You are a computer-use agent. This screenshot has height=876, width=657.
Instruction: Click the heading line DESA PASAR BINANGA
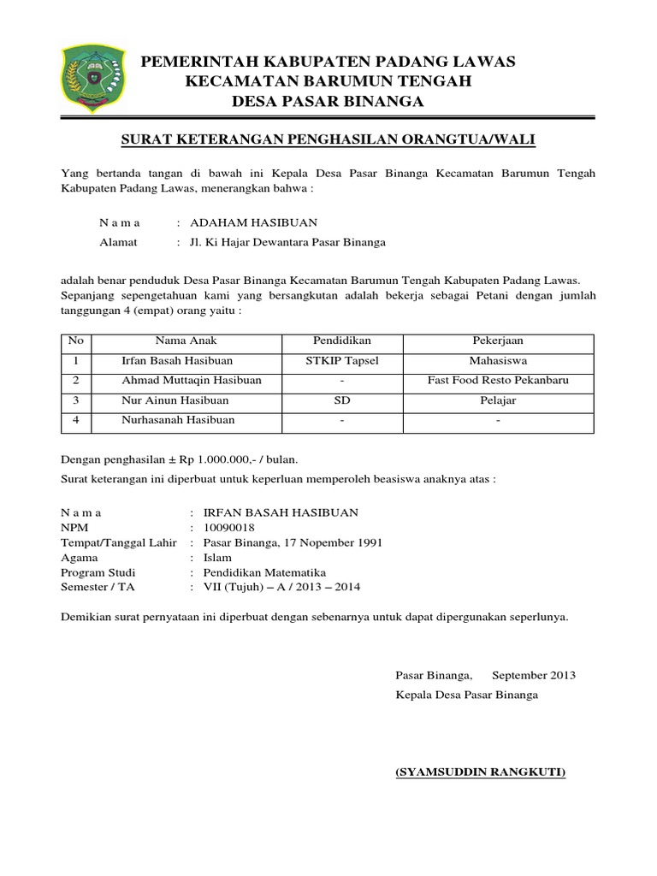coord(328,103)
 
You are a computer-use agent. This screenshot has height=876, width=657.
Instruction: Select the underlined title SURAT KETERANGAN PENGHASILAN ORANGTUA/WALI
coord(328,139)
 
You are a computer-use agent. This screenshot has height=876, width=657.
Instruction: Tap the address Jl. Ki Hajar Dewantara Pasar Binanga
coord(287,242)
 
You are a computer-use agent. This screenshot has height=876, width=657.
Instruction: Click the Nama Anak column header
coord(177,341)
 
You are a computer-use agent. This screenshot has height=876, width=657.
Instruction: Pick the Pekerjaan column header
coord(498,341)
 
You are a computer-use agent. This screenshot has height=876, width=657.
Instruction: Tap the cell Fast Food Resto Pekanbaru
coord(498,381)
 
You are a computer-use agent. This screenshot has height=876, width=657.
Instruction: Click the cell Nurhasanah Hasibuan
coord(178,420)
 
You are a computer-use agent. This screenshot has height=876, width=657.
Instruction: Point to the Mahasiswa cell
coord(498,361)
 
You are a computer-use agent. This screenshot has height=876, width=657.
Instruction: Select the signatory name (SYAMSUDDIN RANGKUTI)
coord(480,772)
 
